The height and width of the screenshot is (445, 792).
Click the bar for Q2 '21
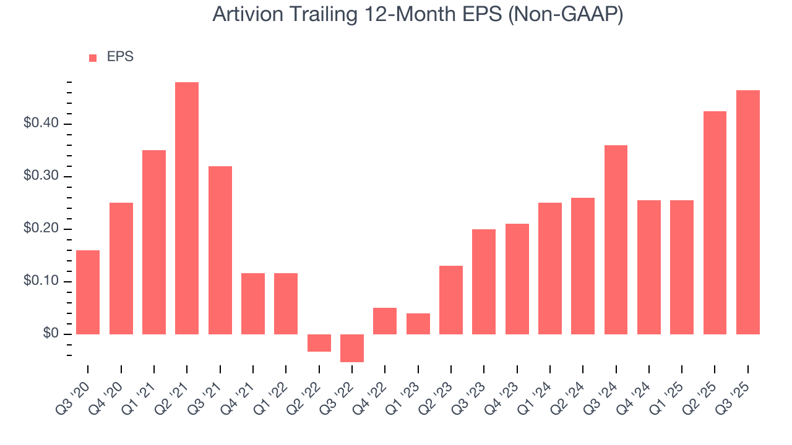[187, 208]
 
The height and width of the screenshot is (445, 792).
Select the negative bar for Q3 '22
[352, 348]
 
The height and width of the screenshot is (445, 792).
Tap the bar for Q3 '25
[748, 212]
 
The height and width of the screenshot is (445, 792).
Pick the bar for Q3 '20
[88, 292]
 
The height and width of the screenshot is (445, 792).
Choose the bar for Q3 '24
[616, 240]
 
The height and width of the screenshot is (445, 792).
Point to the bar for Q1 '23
[418, 324]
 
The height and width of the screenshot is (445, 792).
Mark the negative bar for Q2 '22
[319, 343]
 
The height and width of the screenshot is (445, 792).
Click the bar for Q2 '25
[715, 222]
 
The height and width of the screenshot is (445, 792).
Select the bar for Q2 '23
[451, 300]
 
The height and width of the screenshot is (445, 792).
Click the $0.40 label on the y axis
[41, 124]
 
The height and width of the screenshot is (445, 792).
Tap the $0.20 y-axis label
[41, 229]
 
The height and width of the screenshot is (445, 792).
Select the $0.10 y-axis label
[41, 282]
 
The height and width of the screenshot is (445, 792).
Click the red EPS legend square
[93, 57]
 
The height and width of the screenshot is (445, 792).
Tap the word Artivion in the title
[244, 14]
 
